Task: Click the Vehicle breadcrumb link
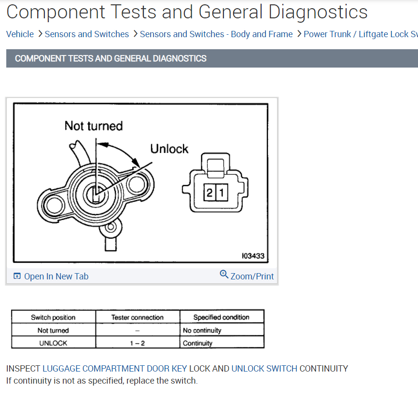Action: [x=20, y=34]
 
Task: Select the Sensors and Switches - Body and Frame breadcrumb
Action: [x=216, y=34]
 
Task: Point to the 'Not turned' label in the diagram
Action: [x=94, y=126]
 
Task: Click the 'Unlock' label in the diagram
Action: [x=169, y=149]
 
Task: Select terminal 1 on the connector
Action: [x=221, y=194]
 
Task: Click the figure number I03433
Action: [x=253, y=256]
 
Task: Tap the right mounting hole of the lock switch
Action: [x=137, y=184]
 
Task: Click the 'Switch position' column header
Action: [x=53, y=317]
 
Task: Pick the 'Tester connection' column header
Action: [x=138, y=317]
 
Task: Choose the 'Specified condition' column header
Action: [x=221, y=317]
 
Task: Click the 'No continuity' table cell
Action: [x=202, y=331]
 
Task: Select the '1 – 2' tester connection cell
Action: [x=138, y=343]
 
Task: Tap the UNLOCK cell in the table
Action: [x=53, y=343]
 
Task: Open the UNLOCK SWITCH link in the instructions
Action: [x=264, y=369]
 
